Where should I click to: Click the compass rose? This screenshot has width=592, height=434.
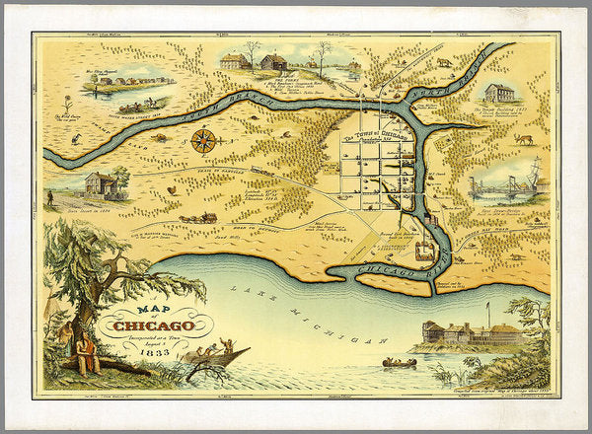click(x=204, y=141)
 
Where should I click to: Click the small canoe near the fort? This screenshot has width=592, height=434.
click(x=400, y=363)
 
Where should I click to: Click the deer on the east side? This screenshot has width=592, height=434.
click(x=523, y=139)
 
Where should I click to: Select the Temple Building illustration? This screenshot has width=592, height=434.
click(x=499, y=94)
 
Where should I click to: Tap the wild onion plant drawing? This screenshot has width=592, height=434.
click(x=68, y=105)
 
